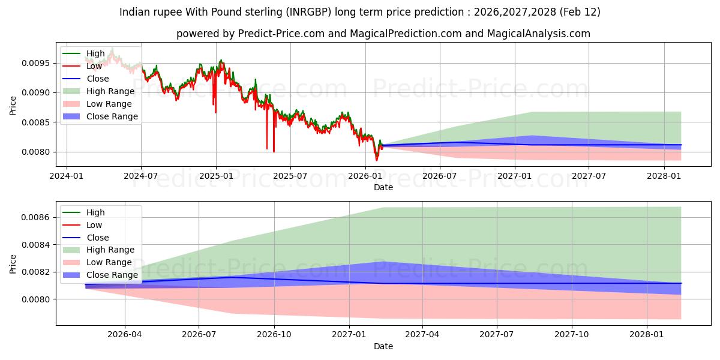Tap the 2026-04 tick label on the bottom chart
125,334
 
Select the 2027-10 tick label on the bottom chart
572,334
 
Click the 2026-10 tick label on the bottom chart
274,334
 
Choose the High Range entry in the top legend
111,91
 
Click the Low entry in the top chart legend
94,66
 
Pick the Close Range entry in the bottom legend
112,275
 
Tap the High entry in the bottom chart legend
95,212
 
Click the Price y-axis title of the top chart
13,106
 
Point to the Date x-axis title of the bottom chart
383,346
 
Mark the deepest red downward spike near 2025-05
274,152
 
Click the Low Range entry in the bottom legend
110,262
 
